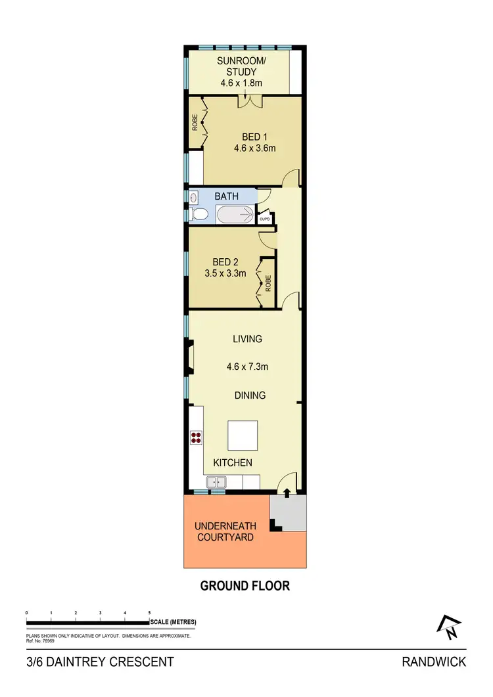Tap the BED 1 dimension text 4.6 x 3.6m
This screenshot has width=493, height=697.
tap(254, 148)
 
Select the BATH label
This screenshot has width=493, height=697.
tap(227, 196)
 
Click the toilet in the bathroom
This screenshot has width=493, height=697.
tap(199, 214)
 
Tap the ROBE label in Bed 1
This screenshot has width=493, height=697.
tap(195, 123)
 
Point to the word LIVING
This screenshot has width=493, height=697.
tap(247, 339)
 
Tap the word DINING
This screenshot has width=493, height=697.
tap(250, 395)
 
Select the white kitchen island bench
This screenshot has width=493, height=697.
tap(242, 434)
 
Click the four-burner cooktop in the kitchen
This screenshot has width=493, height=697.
tap(196, 438)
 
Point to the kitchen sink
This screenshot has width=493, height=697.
tap(216, 483)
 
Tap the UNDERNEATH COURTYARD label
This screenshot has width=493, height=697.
tap(223, 531)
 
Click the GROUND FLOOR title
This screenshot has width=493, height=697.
tap(245, 585)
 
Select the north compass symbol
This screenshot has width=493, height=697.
tap(450, 627)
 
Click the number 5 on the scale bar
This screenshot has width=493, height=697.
tap(149, 612)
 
